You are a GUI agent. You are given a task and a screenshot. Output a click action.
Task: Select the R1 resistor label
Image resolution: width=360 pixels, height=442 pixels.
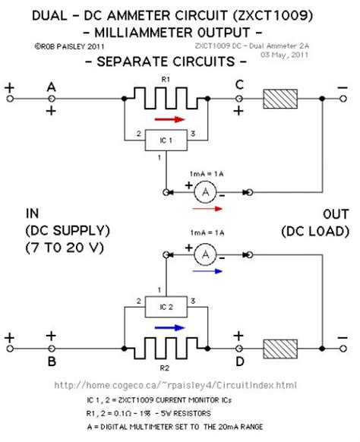click(x=165, y=80)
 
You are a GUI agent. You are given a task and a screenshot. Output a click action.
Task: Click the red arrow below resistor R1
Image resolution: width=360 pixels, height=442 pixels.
click(x=168, y=118)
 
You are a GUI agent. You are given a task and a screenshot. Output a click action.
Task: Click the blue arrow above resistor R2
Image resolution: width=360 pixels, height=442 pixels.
click(x=168, y=328)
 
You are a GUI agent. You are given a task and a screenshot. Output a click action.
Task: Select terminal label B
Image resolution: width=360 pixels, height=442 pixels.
click(x=52, y=362)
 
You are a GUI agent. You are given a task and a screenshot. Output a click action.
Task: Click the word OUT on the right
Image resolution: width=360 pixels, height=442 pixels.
click(x=314, y=213)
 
